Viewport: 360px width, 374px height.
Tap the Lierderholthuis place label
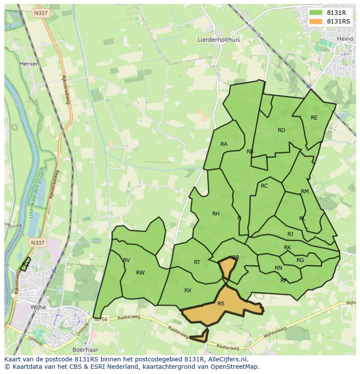(219, 40)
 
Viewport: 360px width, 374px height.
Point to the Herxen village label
(29, 63)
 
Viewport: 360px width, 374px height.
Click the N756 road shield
(100, 320)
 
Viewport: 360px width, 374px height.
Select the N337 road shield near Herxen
(40, 13)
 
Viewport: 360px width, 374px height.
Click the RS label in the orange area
(221, 304)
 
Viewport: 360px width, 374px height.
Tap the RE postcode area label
(314, 118)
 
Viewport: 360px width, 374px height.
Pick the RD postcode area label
(281, 130)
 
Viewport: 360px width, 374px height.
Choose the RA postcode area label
(224, 144)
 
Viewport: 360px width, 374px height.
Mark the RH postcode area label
(216, 213)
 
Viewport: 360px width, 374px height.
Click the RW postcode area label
(140, 273)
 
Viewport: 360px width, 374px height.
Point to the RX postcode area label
(188, 291)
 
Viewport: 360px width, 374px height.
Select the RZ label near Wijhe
(26, 264)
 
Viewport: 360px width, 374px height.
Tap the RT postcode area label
(197, 262)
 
